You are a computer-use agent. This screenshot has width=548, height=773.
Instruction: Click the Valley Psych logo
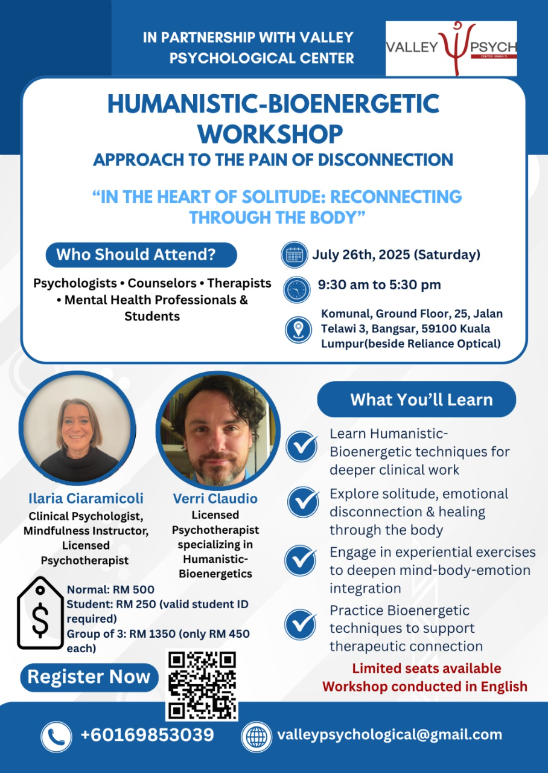[x=451, y=48]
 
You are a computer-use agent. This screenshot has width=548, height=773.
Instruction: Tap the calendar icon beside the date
[x=294, y=255]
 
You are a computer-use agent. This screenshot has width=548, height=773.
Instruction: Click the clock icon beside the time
[x=296, y=289]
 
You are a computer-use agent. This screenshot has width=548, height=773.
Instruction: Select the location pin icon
[x=298, y=330]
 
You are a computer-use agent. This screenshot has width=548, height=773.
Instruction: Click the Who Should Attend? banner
[x=141, y=255]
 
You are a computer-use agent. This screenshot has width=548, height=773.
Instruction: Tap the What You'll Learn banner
[x=416, y=399]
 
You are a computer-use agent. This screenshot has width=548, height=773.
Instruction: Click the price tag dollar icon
[x=40, y=613]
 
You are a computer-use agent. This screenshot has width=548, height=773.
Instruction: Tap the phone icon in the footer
[x=56, y=737]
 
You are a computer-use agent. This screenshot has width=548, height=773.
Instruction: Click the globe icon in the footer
[x=256, y=737]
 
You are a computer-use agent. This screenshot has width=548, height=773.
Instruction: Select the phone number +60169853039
[x=147, y=735]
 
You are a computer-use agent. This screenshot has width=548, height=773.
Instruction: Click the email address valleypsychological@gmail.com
[x=390, y=736]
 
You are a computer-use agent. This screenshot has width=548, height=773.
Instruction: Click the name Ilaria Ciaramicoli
[x=86, y=498]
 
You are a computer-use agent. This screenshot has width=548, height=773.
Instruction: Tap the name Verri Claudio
[x=215, y=498]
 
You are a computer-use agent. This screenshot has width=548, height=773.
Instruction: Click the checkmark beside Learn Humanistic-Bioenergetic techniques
[x=301, y=446]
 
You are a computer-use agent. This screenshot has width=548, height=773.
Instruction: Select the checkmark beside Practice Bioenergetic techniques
[x=300, y=624]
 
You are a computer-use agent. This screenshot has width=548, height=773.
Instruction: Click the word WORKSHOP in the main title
[x=270, y=134]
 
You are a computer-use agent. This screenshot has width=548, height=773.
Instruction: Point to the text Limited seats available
[x=427, y=669]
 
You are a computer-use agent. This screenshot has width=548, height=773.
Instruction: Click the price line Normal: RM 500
[x=110, y=589]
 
